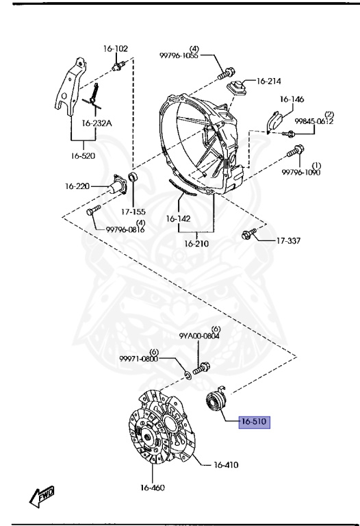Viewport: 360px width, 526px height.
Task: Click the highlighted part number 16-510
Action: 254,422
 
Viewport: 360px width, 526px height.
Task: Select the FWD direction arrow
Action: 42,496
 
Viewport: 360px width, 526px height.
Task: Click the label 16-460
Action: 153,488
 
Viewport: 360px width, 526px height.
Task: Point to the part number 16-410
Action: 227,464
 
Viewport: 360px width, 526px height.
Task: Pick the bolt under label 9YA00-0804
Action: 201,368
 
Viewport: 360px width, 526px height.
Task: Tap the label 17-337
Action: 288,240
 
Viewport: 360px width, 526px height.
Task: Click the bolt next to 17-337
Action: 249,234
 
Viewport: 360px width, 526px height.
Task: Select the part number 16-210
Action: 196,244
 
